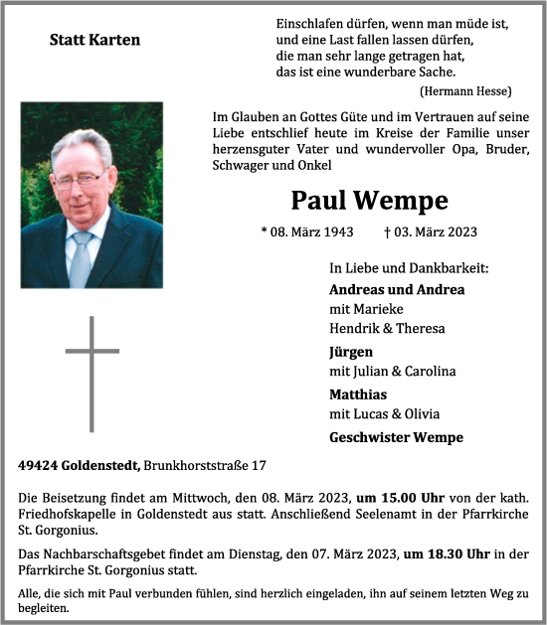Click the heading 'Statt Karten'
pos(94,41)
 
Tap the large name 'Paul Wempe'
pos(369,201)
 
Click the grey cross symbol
pos(92,373)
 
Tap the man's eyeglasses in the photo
pos(81,180)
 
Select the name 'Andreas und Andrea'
pos(396,290)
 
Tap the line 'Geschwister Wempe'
pos(395,437)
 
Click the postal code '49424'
pos(38,465)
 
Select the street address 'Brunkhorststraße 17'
pos(205,465)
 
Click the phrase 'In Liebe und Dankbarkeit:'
pos(409,268)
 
